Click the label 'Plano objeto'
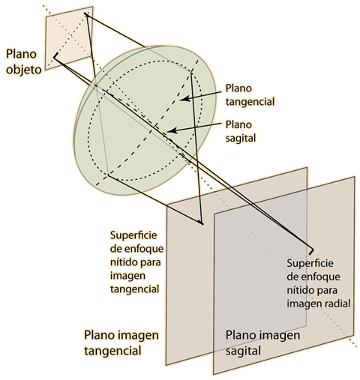tap(23, 61)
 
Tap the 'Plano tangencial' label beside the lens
tap(250, 95)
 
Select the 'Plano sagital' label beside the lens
tap(241, 131)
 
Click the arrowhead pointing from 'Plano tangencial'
tap(185, 98)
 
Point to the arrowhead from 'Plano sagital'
tap(172, 130)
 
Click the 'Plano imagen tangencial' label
tap(121, 343)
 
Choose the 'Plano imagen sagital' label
tap(262, 343)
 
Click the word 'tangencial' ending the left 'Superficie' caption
tap(134, 289)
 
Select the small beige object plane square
tap(69, 38)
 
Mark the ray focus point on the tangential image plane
tap(202, 223)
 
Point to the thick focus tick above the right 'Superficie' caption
tap(311, 252)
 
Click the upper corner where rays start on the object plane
tap(86, 14)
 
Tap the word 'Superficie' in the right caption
tap(310, 264)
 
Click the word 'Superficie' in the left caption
tap(133, 235)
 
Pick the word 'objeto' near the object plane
tap(23, 70)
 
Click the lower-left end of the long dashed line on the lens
tap(96, 186)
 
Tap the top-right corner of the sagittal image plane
tap(355, 177)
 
